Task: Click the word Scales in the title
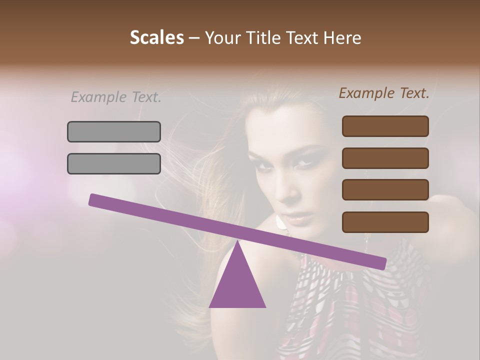click(156, 38)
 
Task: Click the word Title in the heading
click(259, 38)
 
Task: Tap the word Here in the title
click(342, 38)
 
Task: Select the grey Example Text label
click(116, 97)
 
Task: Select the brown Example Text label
click(384, 93)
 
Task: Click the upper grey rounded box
click(114, 131)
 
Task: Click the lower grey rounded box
click(114, 163)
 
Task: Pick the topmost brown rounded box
click(385, 126)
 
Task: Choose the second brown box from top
click(385, 158)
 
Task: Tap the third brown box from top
click(385, 190)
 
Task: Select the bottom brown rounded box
click(385, 222)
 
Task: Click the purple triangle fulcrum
click(237, 285)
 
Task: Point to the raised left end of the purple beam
click(93, 199)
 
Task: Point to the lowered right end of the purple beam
click(382, 263)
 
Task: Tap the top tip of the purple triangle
click(237, 242)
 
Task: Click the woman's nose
click(289, 192)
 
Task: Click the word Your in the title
click(220, 38)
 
